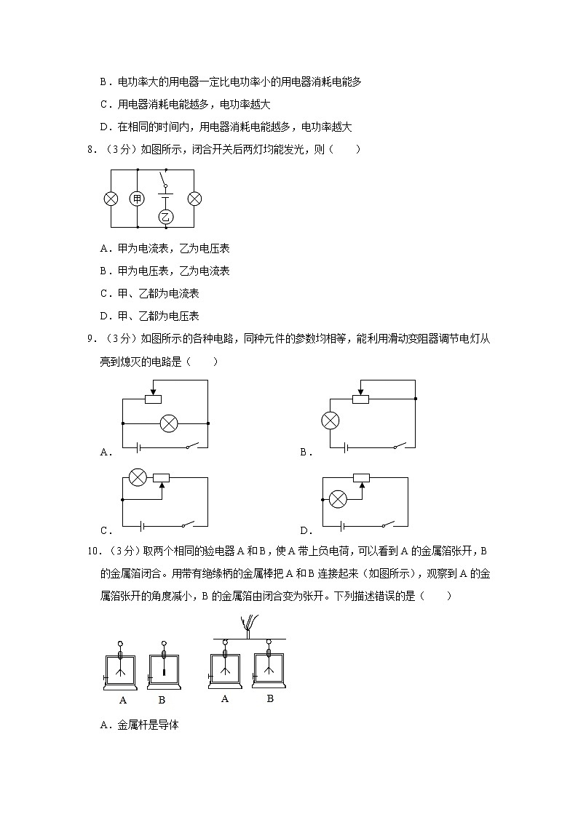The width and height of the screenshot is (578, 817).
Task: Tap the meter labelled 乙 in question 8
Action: [x=166, y=216]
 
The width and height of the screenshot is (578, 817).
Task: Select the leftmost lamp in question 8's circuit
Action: [x=111, y=199]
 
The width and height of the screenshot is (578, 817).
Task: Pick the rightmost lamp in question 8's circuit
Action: [x=194, y=199]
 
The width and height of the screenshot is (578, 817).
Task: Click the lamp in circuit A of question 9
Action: [x=168, y=423]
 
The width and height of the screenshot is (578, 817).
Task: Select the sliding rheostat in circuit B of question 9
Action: [x=360, y=399]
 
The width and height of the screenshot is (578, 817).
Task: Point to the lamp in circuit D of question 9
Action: [x=337, y=498]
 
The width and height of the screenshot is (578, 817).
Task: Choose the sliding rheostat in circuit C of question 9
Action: [x=162, y=478]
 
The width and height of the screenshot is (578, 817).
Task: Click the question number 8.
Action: [x=92, y=150]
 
